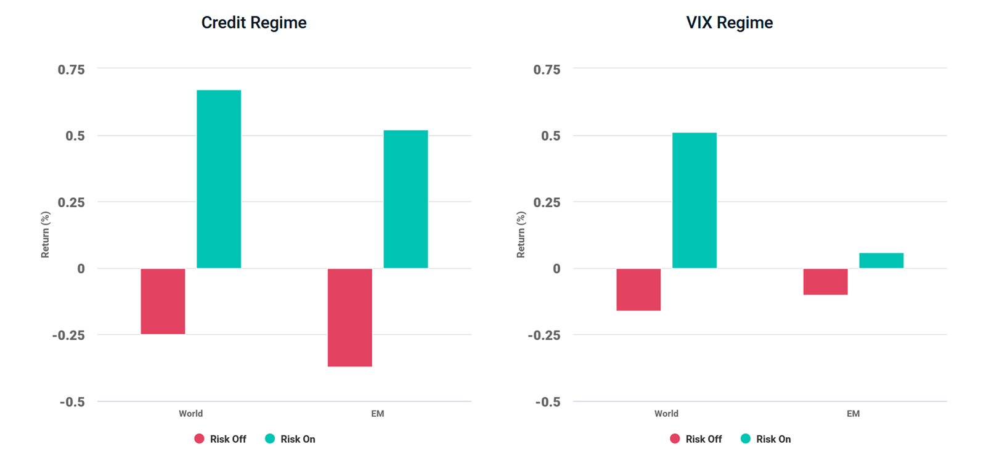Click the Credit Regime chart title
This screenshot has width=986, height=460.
pyautogui.click(x=254, y=23)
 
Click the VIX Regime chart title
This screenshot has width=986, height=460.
pyautogui.click(x=729, y=23)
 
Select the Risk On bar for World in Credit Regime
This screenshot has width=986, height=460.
pyautogui.click(x=219, y=179)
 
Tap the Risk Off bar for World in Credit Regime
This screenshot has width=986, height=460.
pyautogui.click(x=163, y=302)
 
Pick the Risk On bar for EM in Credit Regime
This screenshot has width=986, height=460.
pyautogui.click(x=405, y=199)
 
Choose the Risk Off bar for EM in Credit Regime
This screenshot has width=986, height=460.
pyautogui.click(x=349, y=318)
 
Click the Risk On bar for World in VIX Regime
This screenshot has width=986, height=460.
pyautogui.click(x=694, y=200)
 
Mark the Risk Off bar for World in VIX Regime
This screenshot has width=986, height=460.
pyautogui.click(x=638, y=289)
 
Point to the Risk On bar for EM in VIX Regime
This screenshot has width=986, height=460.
pyautogui.click(x=881, y=260)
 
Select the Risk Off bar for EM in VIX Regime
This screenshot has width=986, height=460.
pyautogui.click(x=825, y=282)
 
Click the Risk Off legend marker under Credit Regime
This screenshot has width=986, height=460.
pyautogui.click(x=199, y=439)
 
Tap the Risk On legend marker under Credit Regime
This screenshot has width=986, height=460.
pyautogui.click(x=270, y=439)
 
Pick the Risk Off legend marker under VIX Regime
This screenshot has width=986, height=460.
pyautogui.click(x=675, y=439)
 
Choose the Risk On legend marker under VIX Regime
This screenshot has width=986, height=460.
pyautogui.click(x=746, y=439)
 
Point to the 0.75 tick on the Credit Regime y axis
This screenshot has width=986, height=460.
pyautogui.click(x=71, y=70)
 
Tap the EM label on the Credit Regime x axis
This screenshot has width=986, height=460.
pyautogui.click(x=378, y=414)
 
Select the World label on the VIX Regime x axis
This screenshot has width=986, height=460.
pyautogui.click(x=666, y=414)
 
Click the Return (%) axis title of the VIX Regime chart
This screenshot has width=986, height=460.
pyautogui.click(x=521, y=234)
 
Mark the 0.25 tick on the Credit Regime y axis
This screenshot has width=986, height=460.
pyautogui.click(x=71, y=202)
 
